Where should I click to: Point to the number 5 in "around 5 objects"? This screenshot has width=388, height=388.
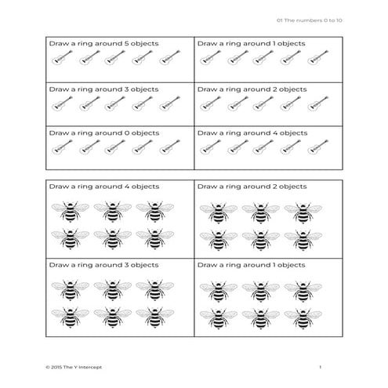[125, 44]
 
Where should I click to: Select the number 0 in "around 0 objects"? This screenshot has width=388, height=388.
[125, 132]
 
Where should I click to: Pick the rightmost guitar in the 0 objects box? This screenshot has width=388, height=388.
[169, 147]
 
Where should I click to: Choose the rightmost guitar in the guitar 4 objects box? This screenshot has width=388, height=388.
[317, 147]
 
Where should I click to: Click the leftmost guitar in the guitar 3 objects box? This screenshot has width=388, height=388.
[61, 103]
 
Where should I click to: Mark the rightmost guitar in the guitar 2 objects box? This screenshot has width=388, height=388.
[317, 103]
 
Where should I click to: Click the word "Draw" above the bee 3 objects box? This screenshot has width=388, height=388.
[60, 266]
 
